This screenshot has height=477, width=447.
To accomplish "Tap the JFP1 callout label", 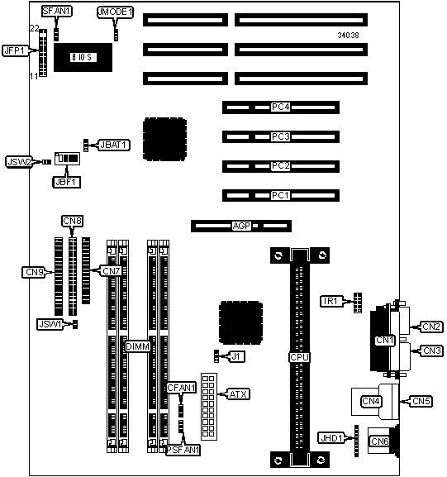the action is click(15, 50).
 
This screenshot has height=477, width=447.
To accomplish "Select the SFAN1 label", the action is click(56, 12).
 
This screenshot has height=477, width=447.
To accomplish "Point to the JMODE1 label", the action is click(115, 12).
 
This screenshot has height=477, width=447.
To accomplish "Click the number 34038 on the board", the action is click(348, 36).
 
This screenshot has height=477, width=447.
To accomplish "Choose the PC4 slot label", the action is click(280, 107).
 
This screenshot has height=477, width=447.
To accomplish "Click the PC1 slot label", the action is click(280, 195).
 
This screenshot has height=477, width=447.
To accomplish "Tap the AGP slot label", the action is click(241, 226).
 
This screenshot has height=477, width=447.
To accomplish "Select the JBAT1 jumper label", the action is click(114, 145).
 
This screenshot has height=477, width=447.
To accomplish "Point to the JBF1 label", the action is click(67, 182).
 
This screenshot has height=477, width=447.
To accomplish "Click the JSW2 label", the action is click(19, 162).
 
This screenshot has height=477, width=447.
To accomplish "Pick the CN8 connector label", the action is click(73, 221).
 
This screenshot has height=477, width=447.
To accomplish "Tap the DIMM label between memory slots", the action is click(138, 346).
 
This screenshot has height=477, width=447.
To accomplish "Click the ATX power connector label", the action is click(239, 394).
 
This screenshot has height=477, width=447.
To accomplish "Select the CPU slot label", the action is click(299, 357).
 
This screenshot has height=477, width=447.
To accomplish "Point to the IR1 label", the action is click(331, 301).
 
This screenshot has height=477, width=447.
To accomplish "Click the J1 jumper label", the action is click(236, 356).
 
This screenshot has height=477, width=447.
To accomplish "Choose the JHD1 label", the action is click(331, 438).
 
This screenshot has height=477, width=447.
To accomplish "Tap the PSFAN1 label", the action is click(183, 450).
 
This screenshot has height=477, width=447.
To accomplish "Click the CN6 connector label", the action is click(379, 441).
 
